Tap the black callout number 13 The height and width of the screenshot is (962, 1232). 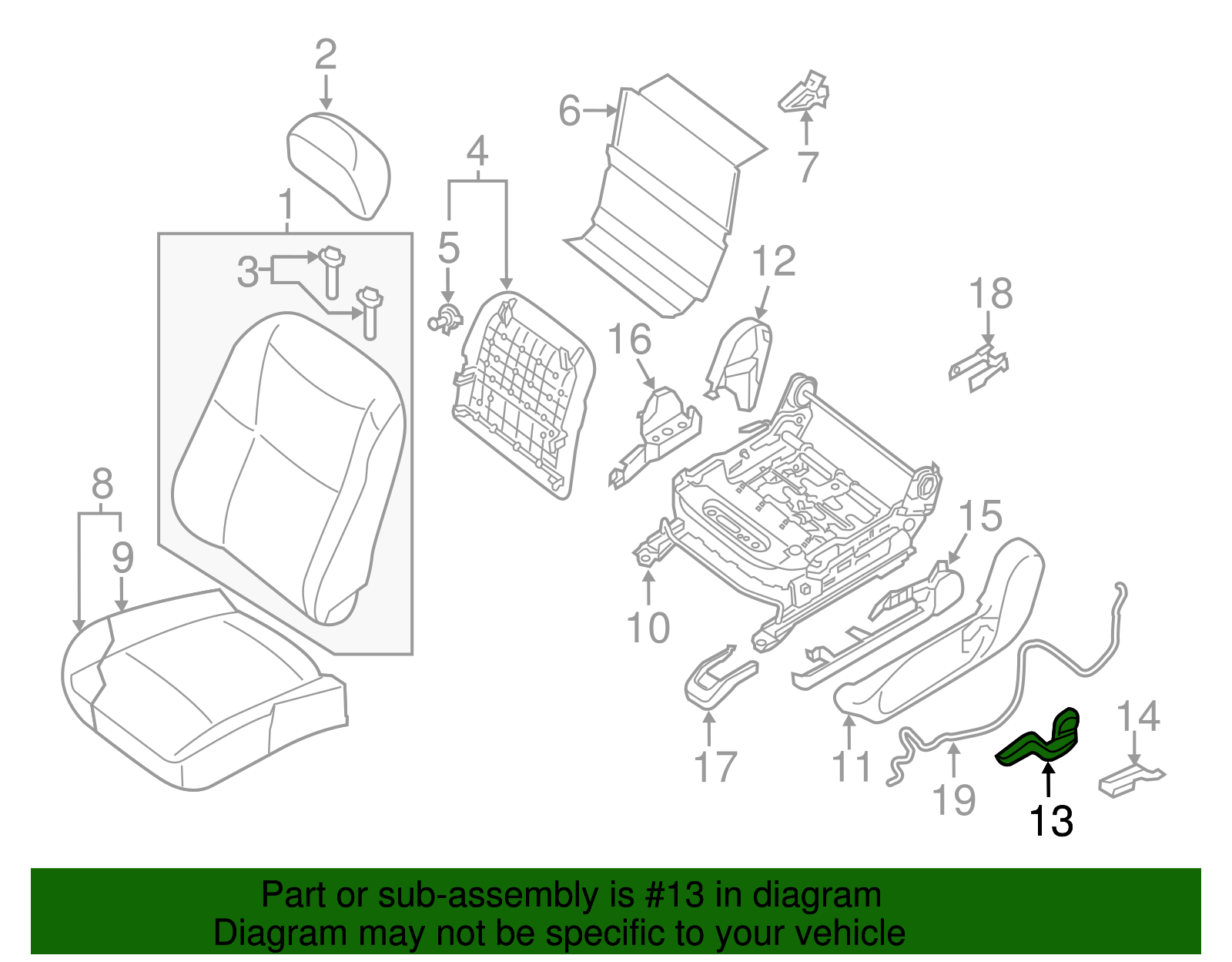(x=1051, y=821)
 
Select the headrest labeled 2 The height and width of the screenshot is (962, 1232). (x=339, y=163)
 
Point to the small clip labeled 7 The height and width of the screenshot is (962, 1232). (x=805, y=92)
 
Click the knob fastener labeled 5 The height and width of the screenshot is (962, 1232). (x=445, y=319)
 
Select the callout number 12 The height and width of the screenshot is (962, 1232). (x=773, y=262)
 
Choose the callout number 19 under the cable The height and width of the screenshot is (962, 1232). (x=954, y=799)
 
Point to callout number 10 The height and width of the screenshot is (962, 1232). (x=648, y=627)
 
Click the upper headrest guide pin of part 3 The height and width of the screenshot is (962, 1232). (x=332, y=269)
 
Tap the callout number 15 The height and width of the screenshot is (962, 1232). (x=980, y=516)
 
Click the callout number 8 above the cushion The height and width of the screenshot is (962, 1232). (x=102, y=484)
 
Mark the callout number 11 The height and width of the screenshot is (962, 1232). (x=851, y=766)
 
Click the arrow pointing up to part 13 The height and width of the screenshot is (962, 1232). (x=1048, y=778)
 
